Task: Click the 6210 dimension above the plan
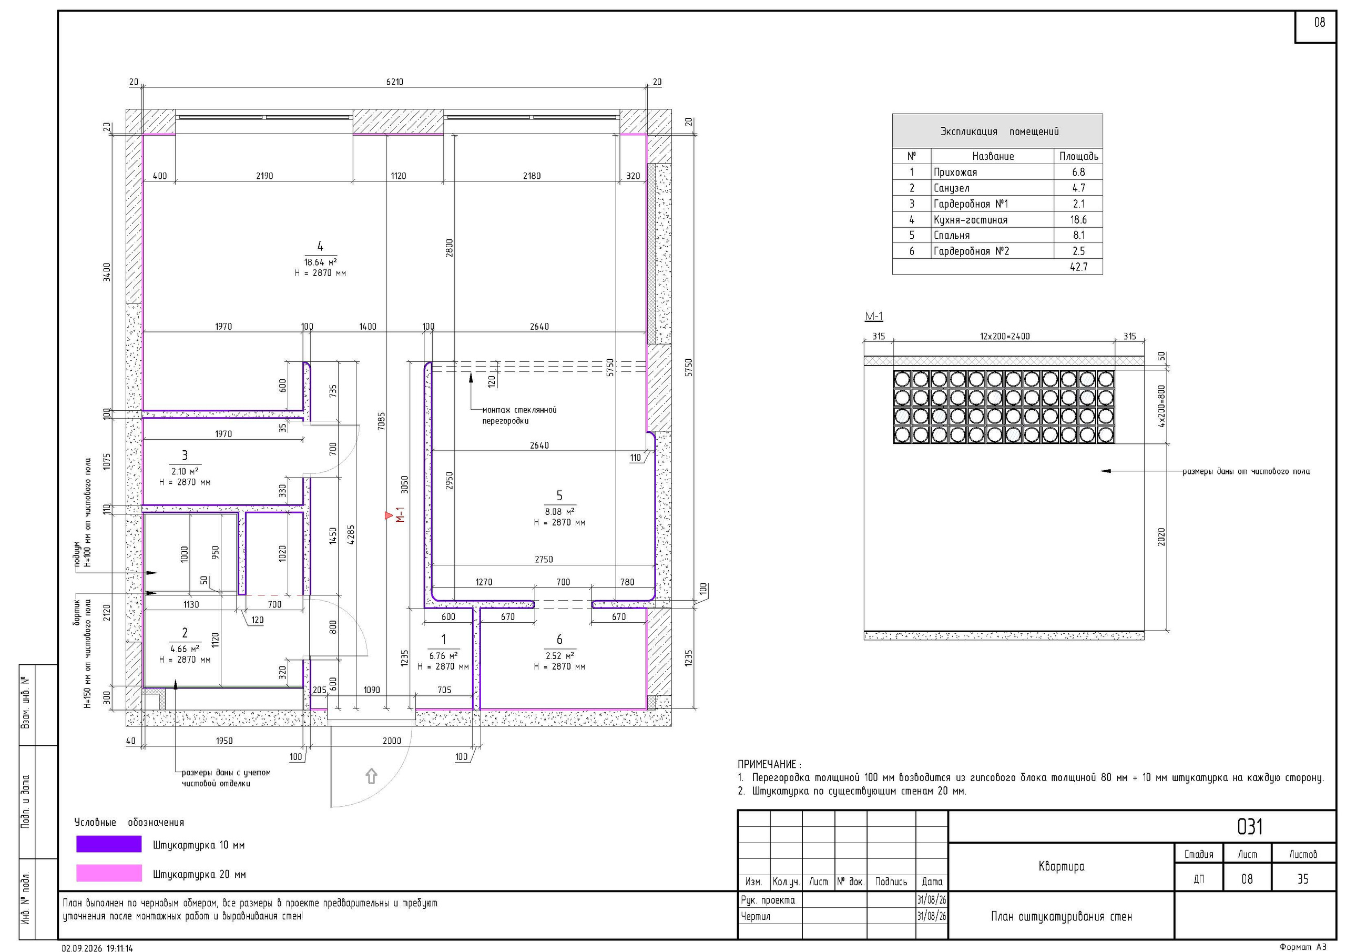coord(394,82)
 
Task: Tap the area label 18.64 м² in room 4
coord(320,262)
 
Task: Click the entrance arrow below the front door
coord(371,776)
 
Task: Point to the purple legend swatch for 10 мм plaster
coord(109,844)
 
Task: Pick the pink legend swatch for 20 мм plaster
coord(109,873)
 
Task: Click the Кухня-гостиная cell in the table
coord(970,220)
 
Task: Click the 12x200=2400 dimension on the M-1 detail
coord(1004,337)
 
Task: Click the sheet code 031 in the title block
coord(1249,827)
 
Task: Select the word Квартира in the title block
coord(1061,866)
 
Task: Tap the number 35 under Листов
coord(1302,879)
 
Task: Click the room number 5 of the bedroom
coord(559,495)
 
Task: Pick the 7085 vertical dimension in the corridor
coord(382,421)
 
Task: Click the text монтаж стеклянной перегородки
coord(519,416)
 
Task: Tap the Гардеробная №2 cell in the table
coord(972,251)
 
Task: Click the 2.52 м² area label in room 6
coord(559,656)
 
